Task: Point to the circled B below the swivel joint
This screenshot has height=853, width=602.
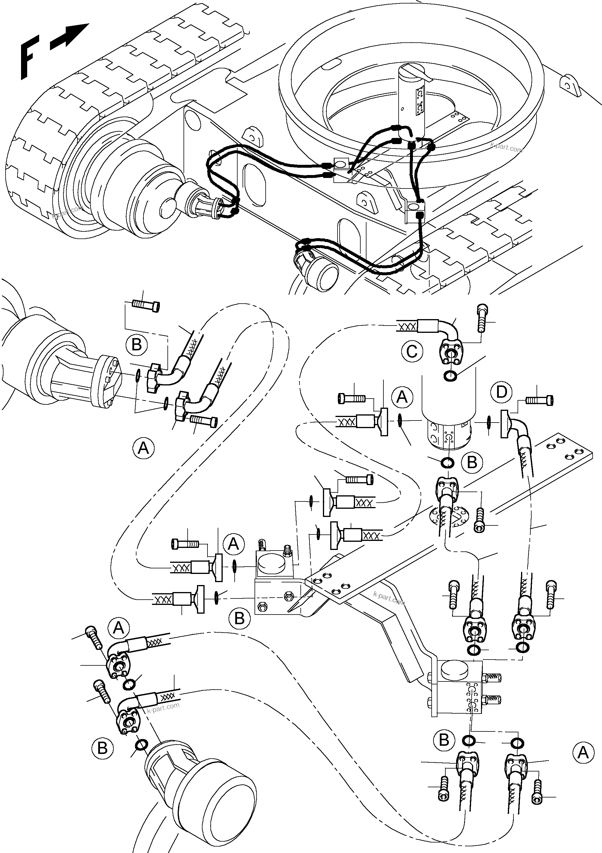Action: (472, 463)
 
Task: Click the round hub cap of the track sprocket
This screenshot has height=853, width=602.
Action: (169, 207)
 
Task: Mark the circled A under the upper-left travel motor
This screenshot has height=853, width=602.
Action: (143, 448)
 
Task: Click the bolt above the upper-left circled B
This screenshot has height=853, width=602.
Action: (146, 306)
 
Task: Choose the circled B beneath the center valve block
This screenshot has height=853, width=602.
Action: (240, 618)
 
